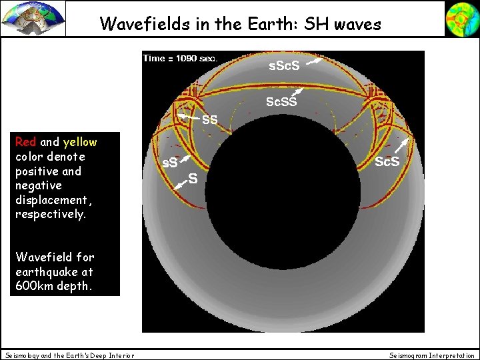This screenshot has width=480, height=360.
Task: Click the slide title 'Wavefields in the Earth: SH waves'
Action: tap(240, 24)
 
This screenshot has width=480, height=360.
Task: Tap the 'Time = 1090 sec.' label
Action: tap(180, 58)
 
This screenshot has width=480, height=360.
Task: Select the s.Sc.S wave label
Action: tap(284, 67)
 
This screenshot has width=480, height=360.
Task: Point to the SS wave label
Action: tap(210, 120)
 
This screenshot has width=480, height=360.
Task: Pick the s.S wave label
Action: tap(171, 163)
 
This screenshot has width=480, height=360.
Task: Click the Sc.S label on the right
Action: tap(387, 162)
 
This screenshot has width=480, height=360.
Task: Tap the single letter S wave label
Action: tap(193, 177)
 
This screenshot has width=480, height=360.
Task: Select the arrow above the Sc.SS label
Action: tap(298, 91)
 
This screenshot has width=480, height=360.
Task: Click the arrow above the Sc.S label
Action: tap(403, 146)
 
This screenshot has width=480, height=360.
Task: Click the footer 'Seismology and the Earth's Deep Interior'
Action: tap(69, 355)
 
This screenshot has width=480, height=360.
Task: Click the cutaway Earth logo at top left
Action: tap(33, 18)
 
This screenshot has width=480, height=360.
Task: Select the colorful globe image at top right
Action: tap(461, 18)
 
